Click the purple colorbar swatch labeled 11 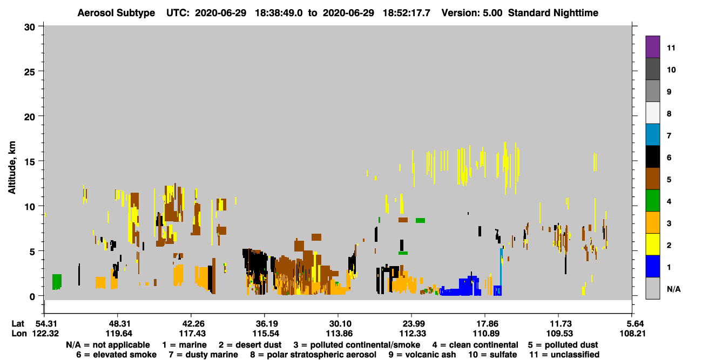coord(652,46)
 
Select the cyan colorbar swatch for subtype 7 coord(652,135)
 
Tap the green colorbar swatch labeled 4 coord(652,201)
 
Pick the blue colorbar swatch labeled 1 coord(652,266)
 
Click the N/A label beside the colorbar coord(673,289)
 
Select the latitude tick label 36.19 coord(266,324)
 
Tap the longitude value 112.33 coord(413,334)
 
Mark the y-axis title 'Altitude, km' coord(11,168)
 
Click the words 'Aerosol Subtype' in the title coord(116,13)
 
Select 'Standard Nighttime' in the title coord(553,13)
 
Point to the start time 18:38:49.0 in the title coord(279,13)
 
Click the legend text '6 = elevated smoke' coord(116,355)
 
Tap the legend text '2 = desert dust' coord(250,345)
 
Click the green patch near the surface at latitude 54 coord(57,282)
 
